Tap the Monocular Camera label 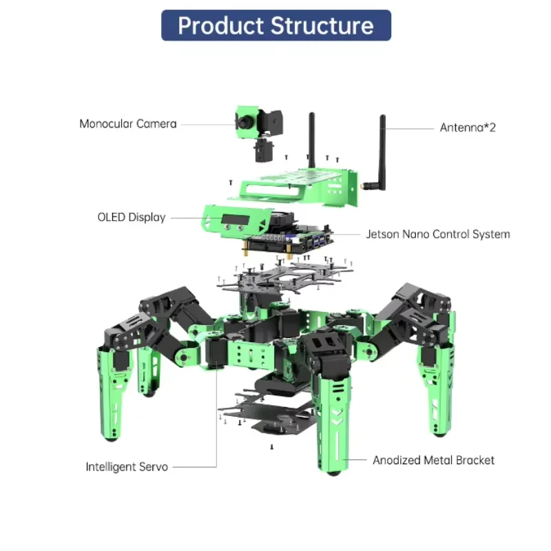tap(127, 124)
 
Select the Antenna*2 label tap(468, 127)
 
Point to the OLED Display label tap(131, 218)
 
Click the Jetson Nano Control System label tap(438, 234)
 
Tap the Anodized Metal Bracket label tap(433, 460)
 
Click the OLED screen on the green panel tap(235, 221)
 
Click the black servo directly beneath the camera tap(261, 149)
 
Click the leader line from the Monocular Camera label tap(207, 124)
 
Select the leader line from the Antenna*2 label tap(410, 127)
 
